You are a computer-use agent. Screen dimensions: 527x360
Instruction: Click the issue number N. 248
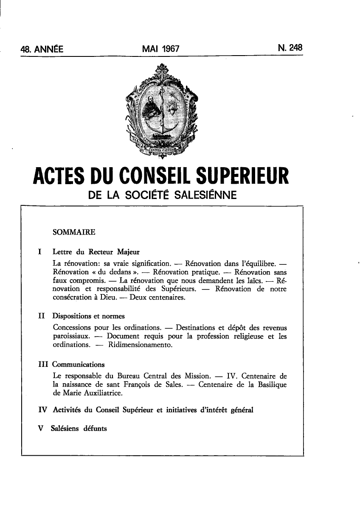(290, 48)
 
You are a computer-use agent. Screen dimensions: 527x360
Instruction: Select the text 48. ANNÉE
(42, 49)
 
